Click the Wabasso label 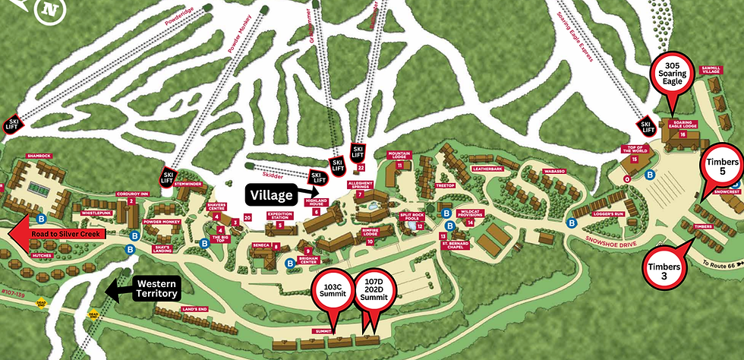coord(553,172)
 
